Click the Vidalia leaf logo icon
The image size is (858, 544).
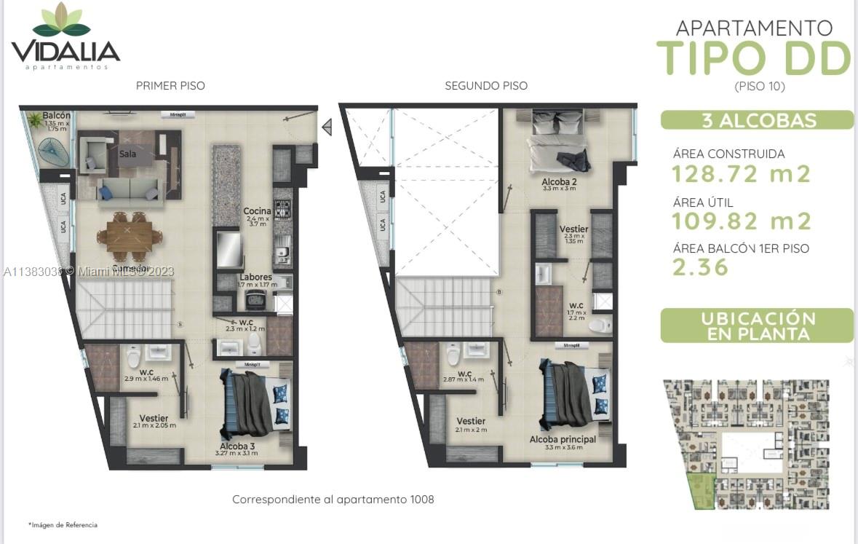point(61,21)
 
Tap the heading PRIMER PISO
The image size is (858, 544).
point(170,86)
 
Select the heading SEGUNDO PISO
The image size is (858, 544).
point(486,86)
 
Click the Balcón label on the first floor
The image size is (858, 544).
point(56,116)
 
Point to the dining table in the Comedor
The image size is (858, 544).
point(130,234)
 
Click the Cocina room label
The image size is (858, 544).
point(258,211)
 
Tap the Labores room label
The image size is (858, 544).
point(255,277)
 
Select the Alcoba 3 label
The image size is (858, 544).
point(237,445)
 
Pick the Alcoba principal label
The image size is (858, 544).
point(563,439)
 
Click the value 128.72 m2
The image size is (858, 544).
point(741,174)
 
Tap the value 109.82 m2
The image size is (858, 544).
point(741,221)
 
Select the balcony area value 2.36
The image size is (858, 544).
point(700,267)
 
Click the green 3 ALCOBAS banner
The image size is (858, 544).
point(757,121)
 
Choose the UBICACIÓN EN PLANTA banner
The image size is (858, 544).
point(757,326)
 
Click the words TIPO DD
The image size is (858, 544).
point(754,58)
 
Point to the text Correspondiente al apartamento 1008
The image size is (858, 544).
point(333,500)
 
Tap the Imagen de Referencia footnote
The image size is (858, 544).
point(63,524)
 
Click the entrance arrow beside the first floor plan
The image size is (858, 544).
point(327,127)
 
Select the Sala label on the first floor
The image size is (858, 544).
point(128,154)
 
